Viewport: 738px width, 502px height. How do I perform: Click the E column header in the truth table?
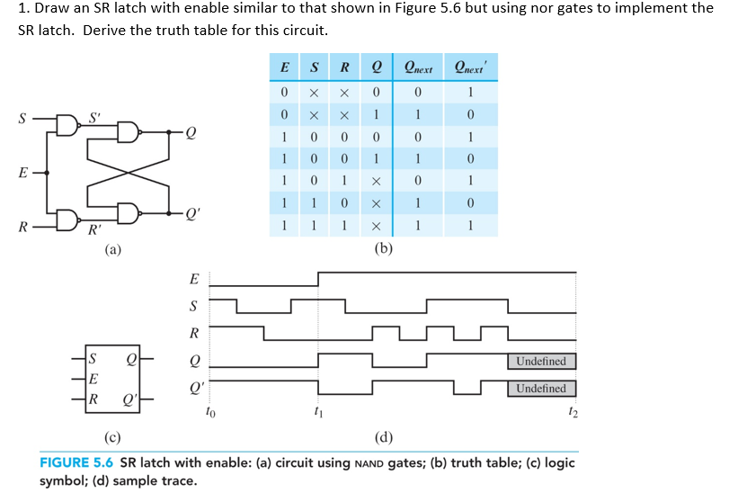click(x=284, y=67)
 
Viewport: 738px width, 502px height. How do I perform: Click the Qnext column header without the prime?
click(x=419, y=68)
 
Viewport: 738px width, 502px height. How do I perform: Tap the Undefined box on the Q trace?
click(x=542, y=361)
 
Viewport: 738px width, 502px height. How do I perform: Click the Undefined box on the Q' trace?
click(x=542, y=389)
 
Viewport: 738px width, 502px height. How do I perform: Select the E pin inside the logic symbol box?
click(x=94, y=378)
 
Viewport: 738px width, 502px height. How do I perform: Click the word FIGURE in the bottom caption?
click(x=67, y=463)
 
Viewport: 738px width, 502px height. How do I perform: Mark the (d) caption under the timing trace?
click(x=384, y=439)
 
